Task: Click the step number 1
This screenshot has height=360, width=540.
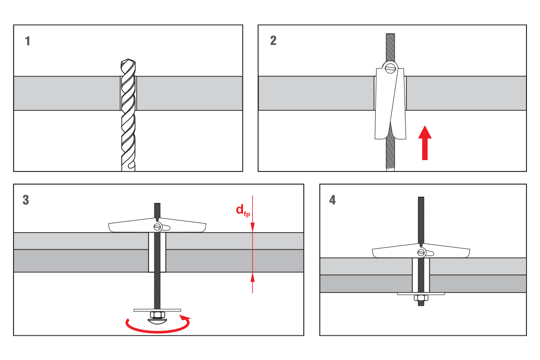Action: click(x=27, y=41)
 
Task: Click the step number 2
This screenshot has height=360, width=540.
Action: click(x=273, y=40)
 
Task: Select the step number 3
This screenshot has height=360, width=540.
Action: click(x=26, y=200)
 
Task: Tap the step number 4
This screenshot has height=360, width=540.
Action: click(x=333, y=200)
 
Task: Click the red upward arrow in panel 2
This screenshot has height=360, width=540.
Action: click(x=425, y=143)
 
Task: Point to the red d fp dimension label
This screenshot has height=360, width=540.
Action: click(x=243, y=211)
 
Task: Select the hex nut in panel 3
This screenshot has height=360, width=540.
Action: click(x=157, y=315)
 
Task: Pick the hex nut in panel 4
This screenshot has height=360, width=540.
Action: click(x=421, y=298)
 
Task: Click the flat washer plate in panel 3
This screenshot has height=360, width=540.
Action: click(x=157, y=310)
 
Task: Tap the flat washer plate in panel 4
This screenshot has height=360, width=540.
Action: click(x=421, y=294)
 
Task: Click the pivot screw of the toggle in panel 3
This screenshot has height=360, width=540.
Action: click(x=157, y=227)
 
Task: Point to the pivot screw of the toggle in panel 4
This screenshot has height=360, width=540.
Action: click(x=421, y=252)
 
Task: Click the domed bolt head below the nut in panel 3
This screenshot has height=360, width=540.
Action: click(x=157, y=321)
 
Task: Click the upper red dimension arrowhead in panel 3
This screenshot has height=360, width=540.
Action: click(x=252, y=227)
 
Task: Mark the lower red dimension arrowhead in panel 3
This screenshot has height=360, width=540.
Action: click(x=252, y=278)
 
